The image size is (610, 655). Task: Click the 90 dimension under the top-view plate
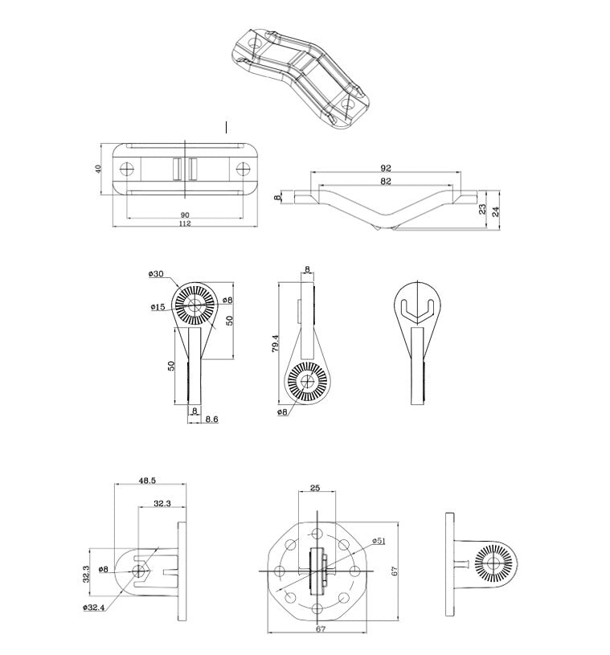click(x=184, y=214)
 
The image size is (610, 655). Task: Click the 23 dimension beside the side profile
click(x=482, y=208)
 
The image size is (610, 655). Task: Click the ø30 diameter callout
click(x=156, y=274)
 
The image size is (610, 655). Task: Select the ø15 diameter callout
click(x=158, y=307)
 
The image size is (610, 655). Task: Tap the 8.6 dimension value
click(x=211, y=419)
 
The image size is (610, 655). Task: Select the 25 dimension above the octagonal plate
click(x=315, y=487)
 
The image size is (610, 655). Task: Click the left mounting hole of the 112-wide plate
click(x=126, y=169)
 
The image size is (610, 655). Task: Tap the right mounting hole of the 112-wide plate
click(x=244, y=169)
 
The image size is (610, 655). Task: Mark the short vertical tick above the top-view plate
click(x=227, y=127)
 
